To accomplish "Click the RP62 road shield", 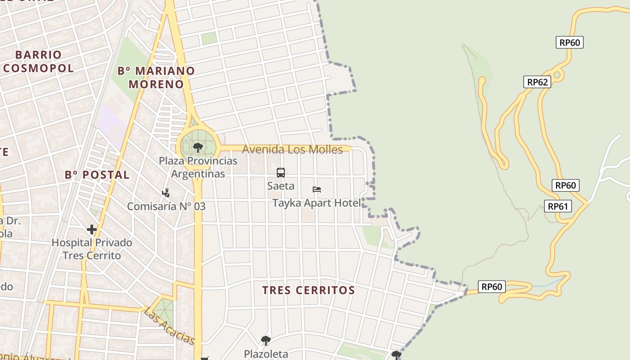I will tap(537, 82).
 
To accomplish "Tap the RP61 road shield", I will tap(558, 207).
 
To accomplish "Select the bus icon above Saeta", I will tap(281, 173).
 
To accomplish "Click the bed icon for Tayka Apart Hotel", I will tap(317, 189).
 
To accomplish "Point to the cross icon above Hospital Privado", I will tap(92, 230).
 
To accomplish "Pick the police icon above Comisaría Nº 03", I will tap(166, 193).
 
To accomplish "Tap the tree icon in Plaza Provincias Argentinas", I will tap(198, 147).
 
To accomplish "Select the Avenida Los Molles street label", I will tap(292, 149).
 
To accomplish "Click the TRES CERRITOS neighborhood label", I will tap(309, 290).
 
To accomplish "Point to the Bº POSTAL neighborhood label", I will tap(97, 175).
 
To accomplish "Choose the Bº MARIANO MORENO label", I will tap(156, 77).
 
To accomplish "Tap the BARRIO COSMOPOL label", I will tap(38, 62).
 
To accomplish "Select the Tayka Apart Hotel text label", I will tap(316, 203).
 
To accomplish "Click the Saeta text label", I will tap(281, 186).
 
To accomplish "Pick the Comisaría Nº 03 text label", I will tap(166, 207).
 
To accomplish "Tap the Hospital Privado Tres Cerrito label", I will tap(92, 249).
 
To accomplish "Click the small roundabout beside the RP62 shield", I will tap(557, 75).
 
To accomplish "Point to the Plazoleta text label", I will tap(266, 354).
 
